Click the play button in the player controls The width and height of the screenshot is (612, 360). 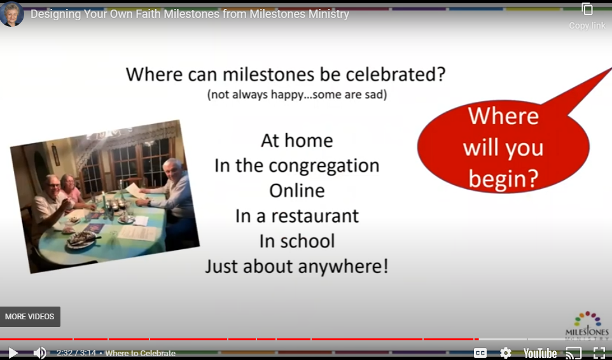click(x=13, y=353)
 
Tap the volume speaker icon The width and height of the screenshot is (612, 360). click(x=39, y=353)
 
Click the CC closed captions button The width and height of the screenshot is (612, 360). click(x=480, y=353)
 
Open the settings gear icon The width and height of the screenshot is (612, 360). click(x=506, y=353)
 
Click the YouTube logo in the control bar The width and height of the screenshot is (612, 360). click(x=540, y=353)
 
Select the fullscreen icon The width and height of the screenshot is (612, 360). click(x=599, y=353)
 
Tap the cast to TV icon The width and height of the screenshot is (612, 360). click(x=573, y=353)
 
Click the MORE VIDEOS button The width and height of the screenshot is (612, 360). click(x=30, y=317)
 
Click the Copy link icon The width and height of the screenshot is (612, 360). click(x=587, y=10)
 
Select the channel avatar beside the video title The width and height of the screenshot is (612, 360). click(x=12, y=13)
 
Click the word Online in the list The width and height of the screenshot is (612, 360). click(x=296, y=191)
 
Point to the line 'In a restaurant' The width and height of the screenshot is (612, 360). click(x=296, y=216)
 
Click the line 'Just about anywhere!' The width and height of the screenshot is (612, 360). click(x=296, y=266)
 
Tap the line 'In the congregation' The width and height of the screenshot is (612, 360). click(x=296, y=166)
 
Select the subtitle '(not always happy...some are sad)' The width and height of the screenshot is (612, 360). click(x=296, y=95)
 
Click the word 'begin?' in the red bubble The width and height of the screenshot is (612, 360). click(x=503, y=179)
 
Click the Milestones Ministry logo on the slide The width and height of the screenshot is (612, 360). click(x=587, y=324)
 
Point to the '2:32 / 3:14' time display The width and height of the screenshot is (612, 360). click(x=76, y=353)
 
